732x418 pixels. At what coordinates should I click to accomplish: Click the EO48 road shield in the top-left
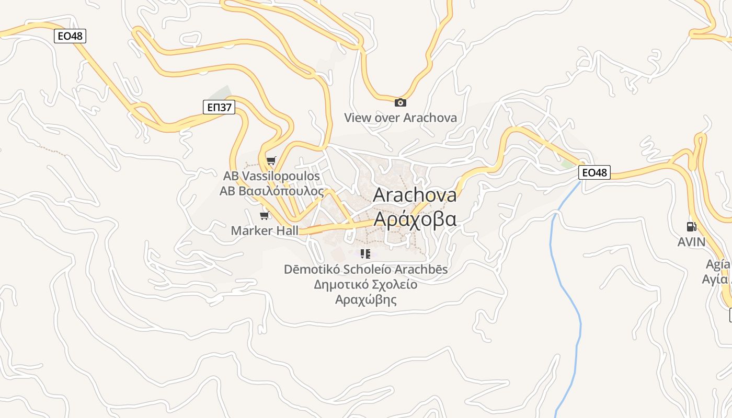(x=70, y=36)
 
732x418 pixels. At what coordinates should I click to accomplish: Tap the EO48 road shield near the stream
(x=594, y=172)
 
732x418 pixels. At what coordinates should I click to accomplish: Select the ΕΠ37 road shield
(x=219, y=108)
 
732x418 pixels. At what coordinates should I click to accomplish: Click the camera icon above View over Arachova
(x=400, y=102)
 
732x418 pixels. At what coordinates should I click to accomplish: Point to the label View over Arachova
(x=400, y=118)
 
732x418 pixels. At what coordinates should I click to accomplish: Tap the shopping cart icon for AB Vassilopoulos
(x=271, y=161)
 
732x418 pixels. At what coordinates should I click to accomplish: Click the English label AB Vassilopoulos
(x=271, y=176)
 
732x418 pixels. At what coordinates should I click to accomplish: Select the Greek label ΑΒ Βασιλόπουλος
(x=271, y=191)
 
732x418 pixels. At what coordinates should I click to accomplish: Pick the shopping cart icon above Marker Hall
(x=265, y=215)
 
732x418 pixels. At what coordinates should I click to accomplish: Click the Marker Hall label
(x=265, y=230)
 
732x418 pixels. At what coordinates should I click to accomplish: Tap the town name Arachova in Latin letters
(x=415, y=195)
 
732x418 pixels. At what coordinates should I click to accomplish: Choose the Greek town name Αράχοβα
(x=415, y=218)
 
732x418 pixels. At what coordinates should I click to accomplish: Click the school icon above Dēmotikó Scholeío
(x=365, y=254)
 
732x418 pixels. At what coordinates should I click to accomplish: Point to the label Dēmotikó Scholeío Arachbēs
(x=365, y=270)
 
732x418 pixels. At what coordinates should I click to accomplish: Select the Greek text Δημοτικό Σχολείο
(x=365, y=285)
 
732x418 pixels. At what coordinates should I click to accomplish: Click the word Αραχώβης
(x=365, y=300)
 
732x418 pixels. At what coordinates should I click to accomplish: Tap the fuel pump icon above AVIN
(x=691, y=227)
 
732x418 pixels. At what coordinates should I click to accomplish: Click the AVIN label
(x=691, y=242)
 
